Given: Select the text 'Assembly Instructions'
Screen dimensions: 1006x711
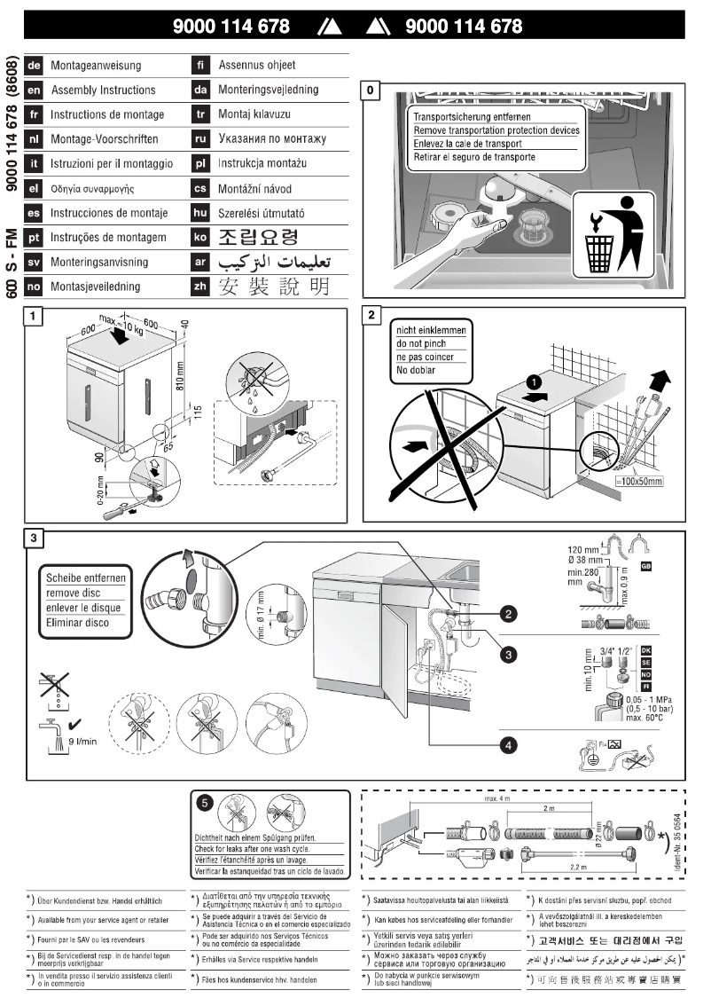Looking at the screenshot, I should [x=103, y=90].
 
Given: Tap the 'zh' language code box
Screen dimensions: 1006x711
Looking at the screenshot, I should [x=200, y=287].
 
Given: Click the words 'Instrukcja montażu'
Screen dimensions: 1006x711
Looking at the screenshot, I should [x=262, y=164].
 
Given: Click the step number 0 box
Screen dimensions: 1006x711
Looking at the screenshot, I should [x=371, y=90].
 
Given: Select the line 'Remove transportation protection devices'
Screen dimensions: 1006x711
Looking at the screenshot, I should [x=496, y=130].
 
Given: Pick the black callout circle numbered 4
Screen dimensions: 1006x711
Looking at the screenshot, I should [x=509, y=744].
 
